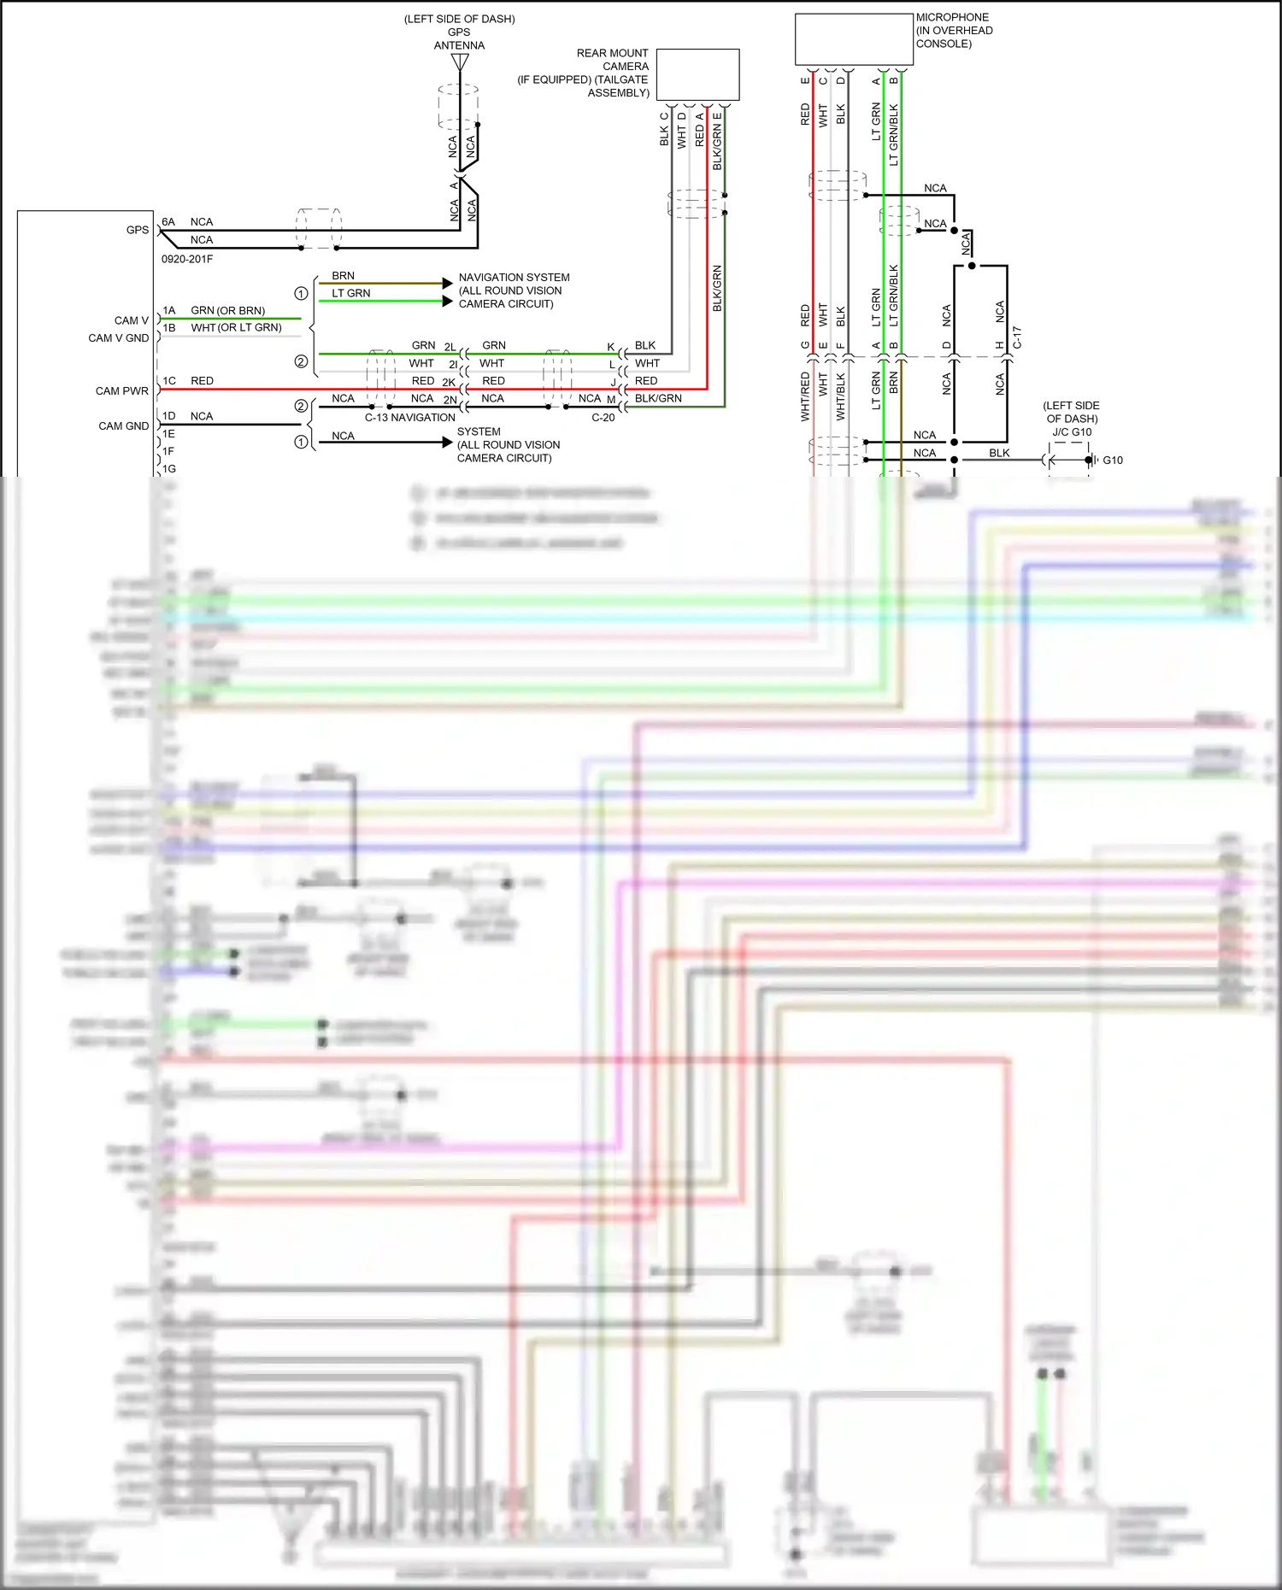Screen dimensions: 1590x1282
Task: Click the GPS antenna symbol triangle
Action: pyautogui.click(x=460, y=62)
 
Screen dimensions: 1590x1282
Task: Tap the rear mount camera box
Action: pyautogui.click(x=697, y=74)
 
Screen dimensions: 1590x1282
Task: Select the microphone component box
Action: pyautogui.click(x=854, y=39)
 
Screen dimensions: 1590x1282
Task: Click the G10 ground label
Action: pyautogui.click(x=1113, y=461)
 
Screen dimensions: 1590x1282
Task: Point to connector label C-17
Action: pyautogui.click(x=1017, y=337)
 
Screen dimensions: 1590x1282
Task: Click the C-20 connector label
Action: pyautogui.click(x=603, y=418)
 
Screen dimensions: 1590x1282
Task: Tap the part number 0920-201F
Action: pyautogui.click(x=187, y=259)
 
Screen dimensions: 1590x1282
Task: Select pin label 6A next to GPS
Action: pyautogui.click(x=168, y=222)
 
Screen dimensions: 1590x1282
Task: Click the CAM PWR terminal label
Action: pyautogui.click(x=122, y=391)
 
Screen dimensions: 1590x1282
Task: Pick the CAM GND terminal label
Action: pyautogui.click(x=124, y=426)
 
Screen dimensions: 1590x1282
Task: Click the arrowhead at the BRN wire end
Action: pyautogui.click(x=447, y=283)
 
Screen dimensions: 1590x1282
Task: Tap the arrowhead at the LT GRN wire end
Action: pyautogui.click(x=447, y=301)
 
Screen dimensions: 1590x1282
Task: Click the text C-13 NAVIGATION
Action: pyautogui.click(x=409, y=418)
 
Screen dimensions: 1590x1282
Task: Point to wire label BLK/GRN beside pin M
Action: pyautogui.click(x=658, y=398)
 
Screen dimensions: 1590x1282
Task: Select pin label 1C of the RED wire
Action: pyautogui.click(x=169, y=381)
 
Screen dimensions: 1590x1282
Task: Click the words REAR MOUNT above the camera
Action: pyautogui.click(x=612, y=53)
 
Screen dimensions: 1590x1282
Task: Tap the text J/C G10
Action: pyautogui.click(x=1072, y=432)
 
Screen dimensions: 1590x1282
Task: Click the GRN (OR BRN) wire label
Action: pyautogui.click(x=227, y=311)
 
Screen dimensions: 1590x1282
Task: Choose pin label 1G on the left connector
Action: pyautogui.click(x=169, y=469)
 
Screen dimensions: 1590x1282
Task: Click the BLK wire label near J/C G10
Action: pyautogui.click(x=999, y=454)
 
